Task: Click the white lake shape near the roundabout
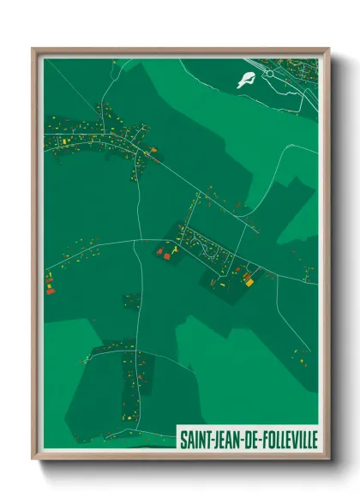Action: coord(247,80)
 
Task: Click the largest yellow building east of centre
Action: coord(249,277)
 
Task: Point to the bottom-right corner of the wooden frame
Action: coord(327,459)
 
